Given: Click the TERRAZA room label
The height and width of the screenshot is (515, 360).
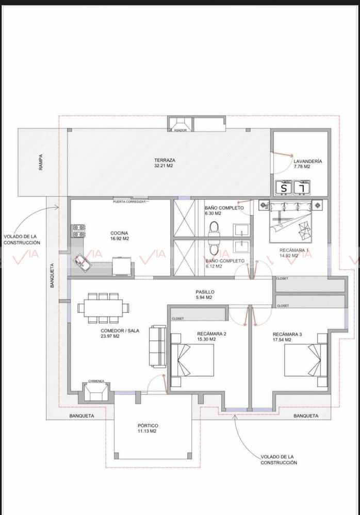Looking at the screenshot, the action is [x=165, y=160].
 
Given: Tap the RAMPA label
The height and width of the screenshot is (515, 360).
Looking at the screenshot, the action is [x=41, y=162].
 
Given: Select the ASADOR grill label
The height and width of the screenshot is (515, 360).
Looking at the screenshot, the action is [x=181, y=130].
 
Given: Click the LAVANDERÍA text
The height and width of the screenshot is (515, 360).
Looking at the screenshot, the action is [x=308, y=161].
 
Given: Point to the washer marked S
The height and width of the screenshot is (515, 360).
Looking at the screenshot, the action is [x=283, y=188].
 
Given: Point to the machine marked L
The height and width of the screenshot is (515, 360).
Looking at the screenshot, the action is [x=302, y=188].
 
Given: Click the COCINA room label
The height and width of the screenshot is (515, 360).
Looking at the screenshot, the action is [x=119, y=233].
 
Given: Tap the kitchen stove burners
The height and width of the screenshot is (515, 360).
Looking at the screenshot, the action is [x=79, y=230].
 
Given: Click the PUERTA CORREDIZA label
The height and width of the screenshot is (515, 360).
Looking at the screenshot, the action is [x=129, y=202].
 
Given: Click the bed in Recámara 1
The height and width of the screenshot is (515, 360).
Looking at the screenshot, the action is [x=290, y=222].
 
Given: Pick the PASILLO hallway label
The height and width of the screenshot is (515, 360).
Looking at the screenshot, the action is [x=205, y=292].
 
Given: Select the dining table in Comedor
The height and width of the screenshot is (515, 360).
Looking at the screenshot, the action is [x=103, y=308].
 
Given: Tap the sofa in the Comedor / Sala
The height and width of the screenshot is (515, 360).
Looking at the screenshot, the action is [x=158, y=346].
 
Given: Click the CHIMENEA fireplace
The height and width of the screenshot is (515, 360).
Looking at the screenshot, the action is [x=96, y=391].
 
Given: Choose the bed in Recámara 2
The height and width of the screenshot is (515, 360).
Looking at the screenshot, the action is [x=193, y=360].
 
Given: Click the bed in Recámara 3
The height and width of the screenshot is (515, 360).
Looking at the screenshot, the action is [x=305, y=360].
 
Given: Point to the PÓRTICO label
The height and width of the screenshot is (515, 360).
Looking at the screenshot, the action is [x=148, y=425].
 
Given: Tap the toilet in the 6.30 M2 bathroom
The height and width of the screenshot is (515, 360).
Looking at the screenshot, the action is [x=214, y=228].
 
